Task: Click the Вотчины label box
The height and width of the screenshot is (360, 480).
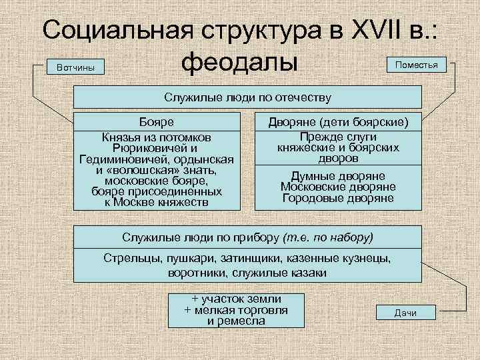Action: (x=71, y=67)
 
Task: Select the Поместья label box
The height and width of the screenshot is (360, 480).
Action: (x=417, y=65)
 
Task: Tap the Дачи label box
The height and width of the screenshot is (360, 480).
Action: (x=405, y=313)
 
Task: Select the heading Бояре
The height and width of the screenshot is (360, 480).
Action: (x=156, y=122)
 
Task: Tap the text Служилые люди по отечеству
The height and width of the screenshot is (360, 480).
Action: (x=247, y=97)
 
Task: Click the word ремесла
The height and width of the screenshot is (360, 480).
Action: (x=245, y=321)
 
